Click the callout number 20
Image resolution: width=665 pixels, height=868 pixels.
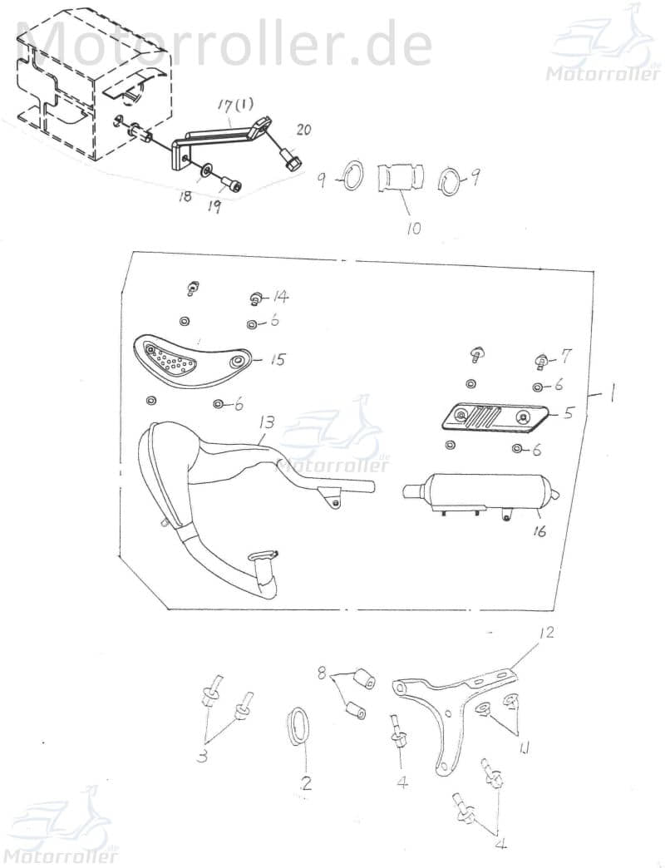point(303,130)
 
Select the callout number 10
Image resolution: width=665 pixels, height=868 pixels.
point(413,228)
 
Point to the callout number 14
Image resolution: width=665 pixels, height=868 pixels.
point(280,297)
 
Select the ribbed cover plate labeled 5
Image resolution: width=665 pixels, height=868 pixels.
point(495,418)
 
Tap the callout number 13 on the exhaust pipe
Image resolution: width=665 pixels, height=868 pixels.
point(266,423)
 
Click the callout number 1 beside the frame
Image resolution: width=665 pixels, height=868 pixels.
point(611,397)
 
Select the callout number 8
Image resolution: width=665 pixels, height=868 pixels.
point(322,673)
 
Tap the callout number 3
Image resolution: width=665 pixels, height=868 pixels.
point(203,755)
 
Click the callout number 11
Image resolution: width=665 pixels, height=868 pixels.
point(525,749)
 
